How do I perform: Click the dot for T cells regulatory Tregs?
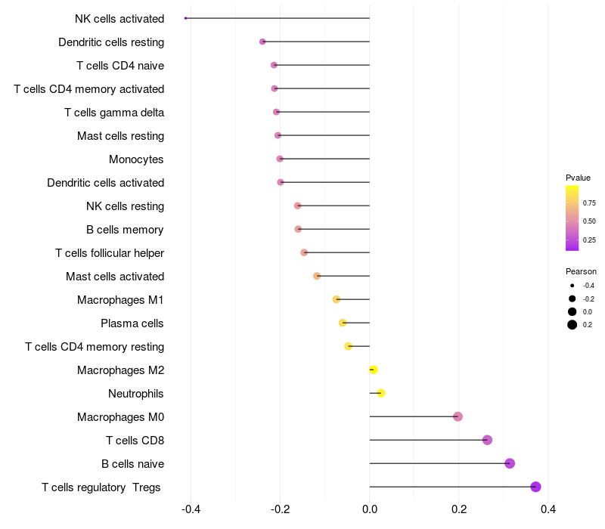[535, 487]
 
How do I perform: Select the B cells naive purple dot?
[510, 463]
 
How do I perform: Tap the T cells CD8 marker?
[487, 440]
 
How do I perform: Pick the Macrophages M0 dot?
[458, 416]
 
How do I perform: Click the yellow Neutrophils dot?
[380, 393]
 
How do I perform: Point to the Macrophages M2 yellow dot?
[373, 370]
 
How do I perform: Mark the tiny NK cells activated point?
[185, 18]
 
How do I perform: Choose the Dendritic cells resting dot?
[262, 42]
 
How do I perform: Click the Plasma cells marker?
[343, 323]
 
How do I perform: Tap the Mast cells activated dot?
[317, 276]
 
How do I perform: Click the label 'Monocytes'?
[136, 159]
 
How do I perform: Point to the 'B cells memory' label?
[125, 230]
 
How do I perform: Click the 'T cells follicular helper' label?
[110, 253]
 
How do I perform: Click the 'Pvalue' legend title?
[578, 178]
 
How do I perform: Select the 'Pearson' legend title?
[581, 271]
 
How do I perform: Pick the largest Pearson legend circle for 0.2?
[572, 325]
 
